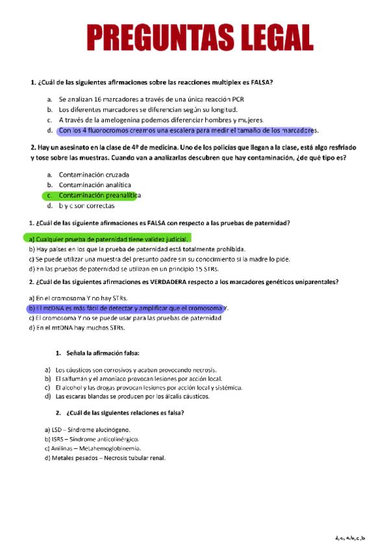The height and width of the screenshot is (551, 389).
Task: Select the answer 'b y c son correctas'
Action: tap(86, 205)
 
